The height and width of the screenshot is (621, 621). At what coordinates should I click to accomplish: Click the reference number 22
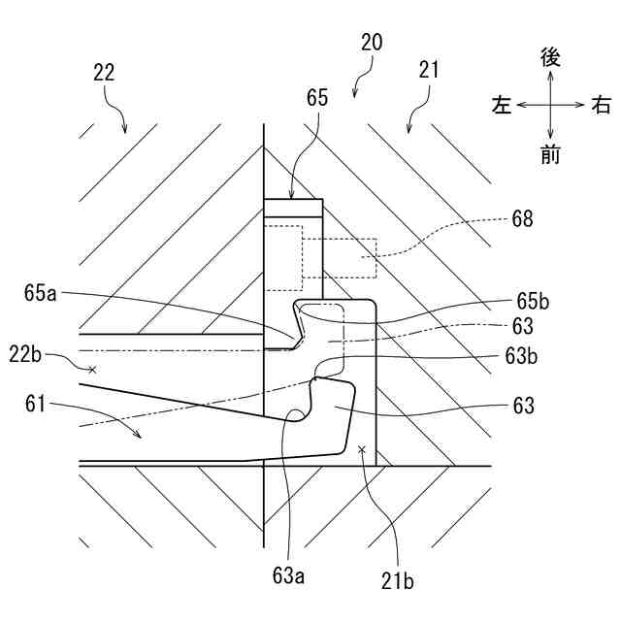pos(105,72)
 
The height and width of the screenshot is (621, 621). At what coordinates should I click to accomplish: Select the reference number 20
pos(372,43)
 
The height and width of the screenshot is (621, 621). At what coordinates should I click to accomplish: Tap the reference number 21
pos(430,69)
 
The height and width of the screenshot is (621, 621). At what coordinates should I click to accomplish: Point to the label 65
pos(317,97)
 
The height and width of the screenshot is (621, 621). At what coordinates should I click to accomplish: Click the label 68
pos(521,219)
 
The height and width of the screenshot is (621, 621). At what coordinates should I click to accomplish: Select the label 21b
pos(396,581)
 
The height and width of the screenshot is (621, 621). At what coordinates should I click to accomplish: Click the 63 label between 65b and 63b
pos(524,326)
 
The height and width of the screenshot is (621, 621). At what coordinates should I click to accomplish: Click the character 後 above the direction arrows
pos(550,58)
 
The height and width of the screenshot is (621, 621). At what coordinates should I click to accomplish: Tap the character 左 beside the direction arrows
pos(501,105)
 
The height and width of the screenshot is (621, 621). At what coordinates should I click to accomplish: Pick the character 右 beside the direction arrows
pos(602,105)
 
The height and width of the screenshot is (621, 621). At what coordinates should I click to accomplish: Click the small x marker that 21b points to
pos(361,449)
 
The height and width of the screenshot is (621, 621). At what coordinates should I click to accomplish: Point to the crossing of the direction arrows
pos(550,104)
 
